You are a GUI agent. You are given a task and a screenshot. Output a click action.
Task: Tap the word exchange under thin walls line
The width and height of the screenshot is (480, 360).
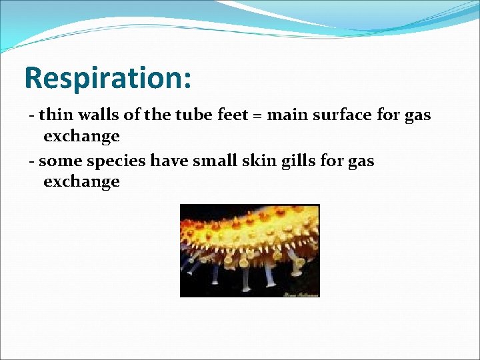coord(81,136)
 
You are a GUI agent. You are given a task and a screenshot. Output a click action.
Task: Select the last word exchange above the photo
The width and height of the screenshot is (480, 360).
coord(81,181)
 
